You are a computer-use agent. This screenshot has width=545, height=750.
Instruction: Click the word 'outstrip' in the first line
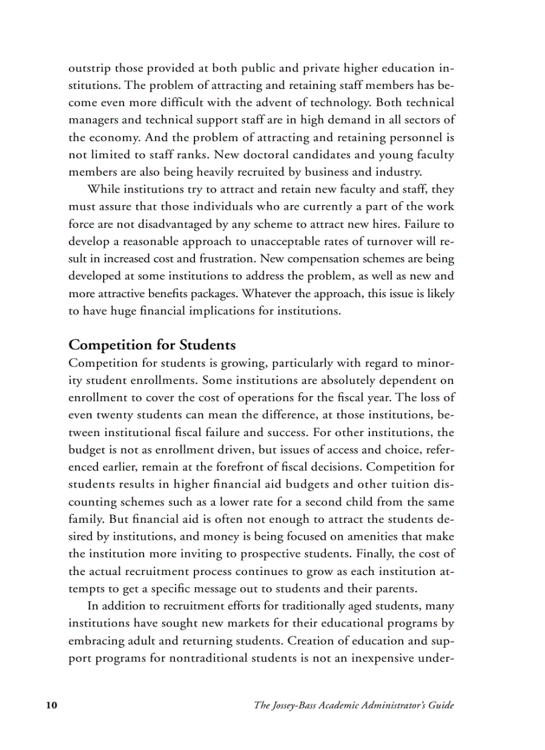point(89,68)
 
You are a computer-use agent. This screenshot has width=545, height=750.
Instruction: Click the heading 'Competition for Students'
point(152,345)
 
